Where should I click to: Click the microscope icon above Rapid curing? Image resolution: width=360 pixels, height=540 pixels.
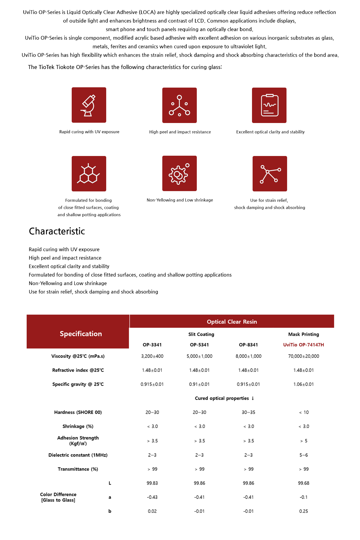(89, 105)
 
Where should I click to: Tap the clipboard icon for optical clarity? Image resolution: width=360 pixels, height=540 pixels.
(269, 105)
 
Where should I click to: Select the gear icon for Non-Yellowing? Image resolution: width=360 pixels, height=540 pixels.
(179, 173)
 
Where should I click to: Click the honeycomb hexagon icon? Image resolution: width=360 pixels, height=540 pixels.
(89, 174)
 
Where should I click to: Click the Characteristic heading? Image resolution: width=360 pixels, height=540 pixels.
(57, 231)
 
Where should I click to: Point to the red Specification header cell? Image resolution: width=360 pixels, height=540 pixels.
(81, 334)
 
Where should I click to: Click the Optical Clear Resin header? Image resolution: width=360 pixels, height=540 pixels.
(232, 322)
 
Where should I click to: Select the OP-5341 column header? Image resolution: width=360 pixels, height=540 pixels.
(199, 345)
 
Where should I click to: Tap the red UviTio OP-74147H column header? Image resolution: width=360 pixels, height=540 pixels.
(303, 345)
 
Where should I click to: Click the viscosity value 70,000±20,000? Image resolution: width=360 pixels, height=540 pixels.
(303, 356)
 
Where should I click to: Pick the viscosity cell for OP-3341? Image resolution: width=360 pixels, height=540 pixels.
(152, 356)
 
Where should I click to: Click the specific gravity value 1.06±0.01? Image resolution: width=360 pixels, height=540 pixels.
(303, 384)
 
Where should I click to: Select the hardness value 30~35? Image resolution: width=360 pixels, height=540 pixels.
(248, 412)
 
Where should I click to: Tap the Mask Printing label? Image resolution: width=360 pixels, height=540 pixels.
(303, 334)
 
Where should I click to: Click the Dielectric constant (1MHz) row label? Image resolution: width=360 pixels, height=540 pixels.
(78, 455)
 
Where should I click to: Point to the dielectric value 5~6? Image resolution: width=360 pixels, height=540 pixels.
(303, 455)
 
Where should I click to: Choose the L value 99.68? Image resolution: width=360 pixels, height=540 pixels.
(303, 483)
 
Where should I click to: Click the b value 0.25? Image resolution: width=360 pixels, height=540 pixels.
(303, 511)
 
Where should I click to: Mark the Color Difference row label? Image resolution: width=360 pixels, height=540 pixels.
(58, 497)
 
